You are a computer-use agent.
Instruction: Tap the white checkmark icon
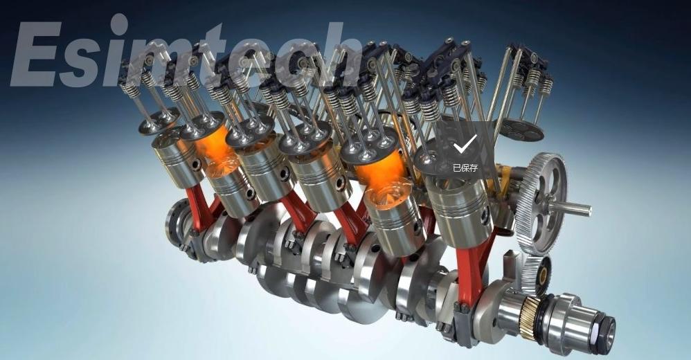click(465, 144)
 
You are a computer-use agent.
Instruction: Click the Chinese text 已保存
click(465, 168)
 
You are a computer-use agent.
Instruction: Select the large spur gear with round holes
click(541, 204)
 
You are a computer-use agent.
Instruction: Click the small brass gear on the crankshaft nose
click(529, 317)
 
